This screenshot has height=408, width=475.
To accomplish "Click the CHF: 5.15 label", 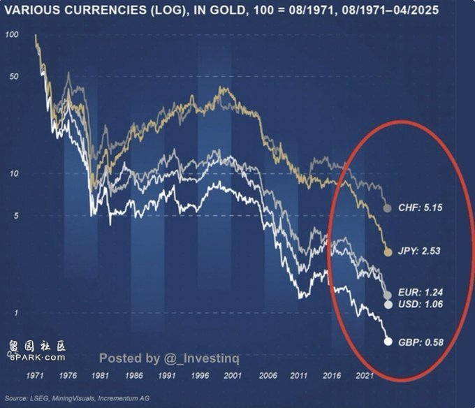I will tap(421, 208).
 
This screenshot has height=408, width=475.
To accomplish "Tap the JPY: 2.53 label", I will tap(421, 250).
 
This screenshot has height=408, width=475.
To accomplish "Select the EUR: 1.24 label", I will tap(421, 292).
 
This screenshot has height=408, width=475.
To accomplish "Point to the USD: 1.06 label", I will tap(421, 305).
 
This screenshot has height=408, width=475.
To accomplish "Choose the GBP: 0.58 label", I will tap(421, 342).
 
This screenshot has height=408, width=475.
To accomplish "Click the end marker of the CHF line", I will tap(388, 208).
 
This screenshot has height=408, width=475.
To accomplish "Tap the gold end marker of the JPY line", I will tap(388, 250).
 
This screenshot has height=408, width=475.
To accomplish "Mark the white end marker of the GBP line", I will tap(388, 342).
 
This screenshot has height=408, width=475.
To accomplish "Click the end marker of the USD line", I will tap(388, 305).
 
